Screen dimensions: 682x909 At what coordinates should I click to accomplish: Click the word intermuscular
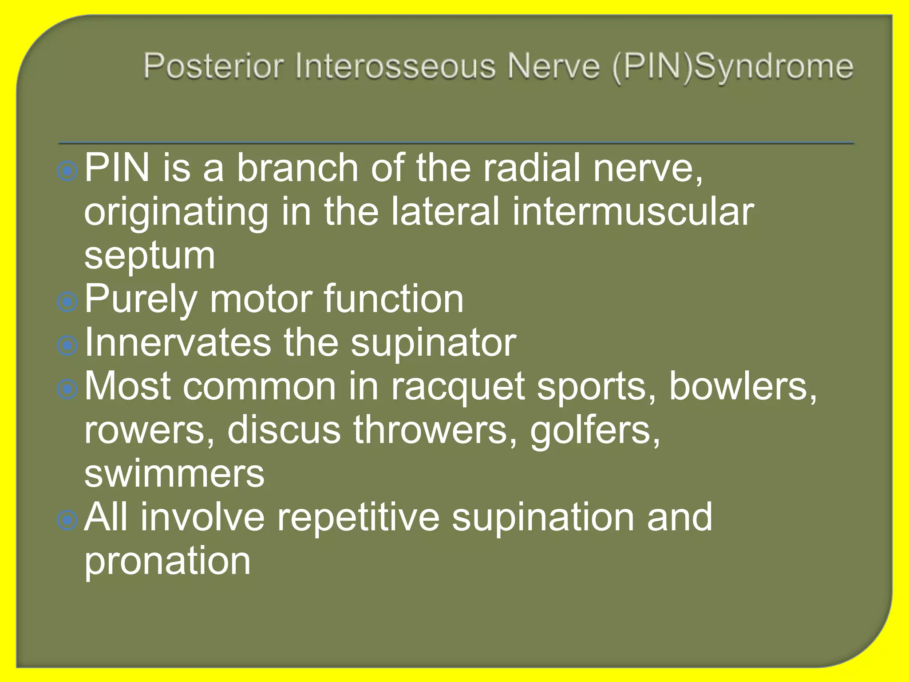632,211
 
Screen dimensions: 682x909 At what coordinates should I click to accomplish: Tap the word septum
150,256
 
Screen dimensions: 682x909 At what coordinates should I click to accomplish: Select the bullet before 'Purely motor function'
67,302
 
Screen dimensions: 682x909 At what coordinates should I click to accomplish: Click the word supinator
433,344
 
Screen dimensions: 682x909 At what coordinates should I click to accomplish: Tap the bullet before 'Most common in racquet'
67,389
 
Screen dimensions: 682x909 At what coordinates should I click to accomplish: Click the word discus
284,430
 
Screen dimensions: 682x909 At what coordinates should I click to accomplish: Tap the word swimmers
174,473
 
